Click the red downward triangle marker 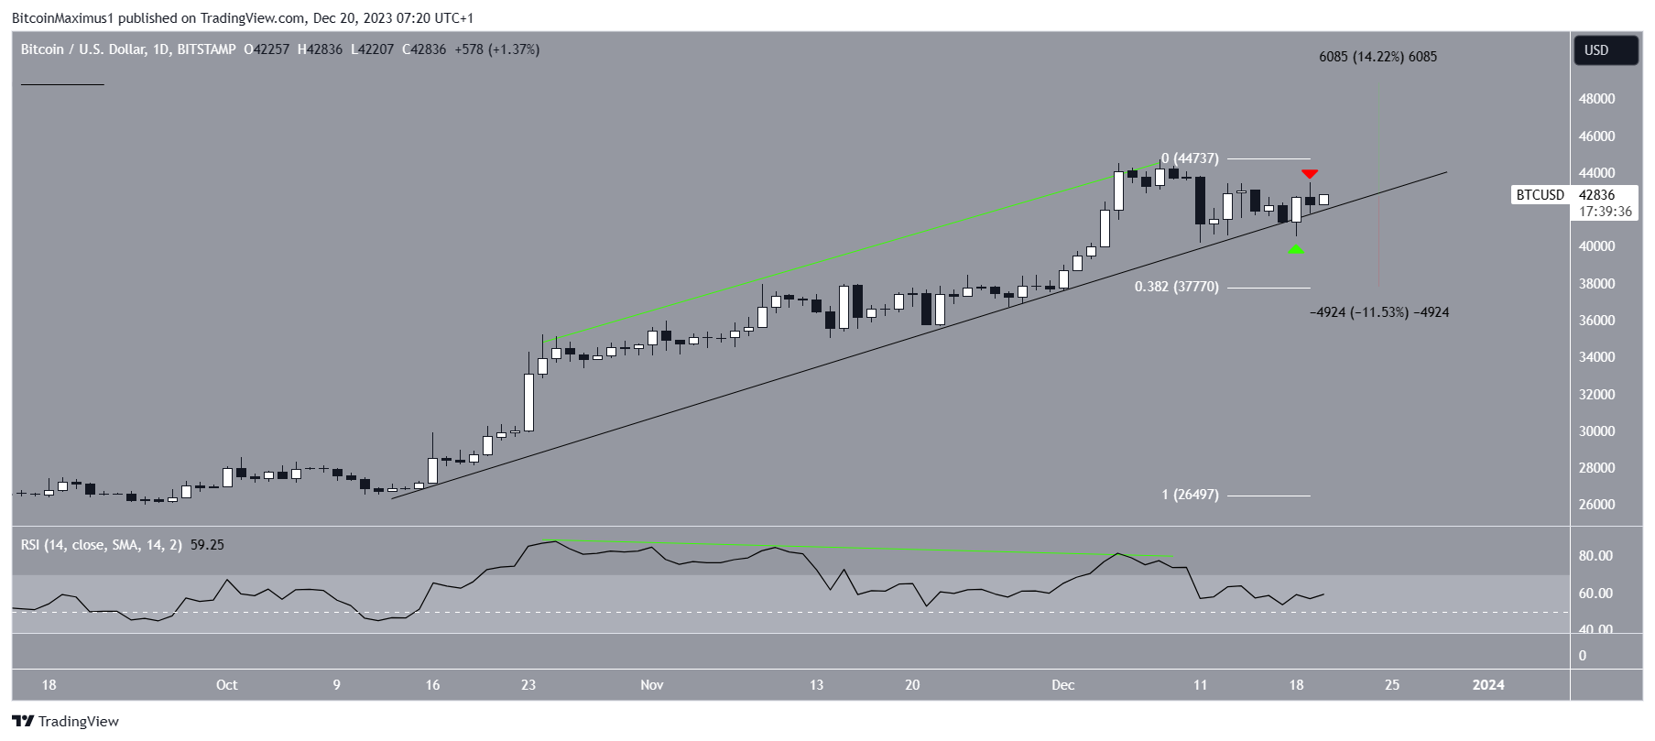(1310, 174)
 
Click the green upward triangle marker (1295, 248)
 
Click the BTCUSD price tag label (1540, 195)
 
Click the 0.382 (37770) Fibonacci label (1176, 287)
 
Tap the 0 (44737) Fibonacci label (1190, 158)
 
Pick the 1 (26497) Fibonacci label (1190, 495)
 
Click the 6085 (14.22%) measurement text (1377, 57)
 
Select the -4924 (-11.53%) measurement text (1379, 312)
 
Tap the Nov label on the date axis (651, 685)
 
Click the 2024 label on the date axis (1487, 685)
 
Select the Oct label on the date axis (226, 685)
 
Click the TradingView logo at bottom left (65, 722)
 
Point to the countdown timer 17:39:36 (1605, 212)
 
